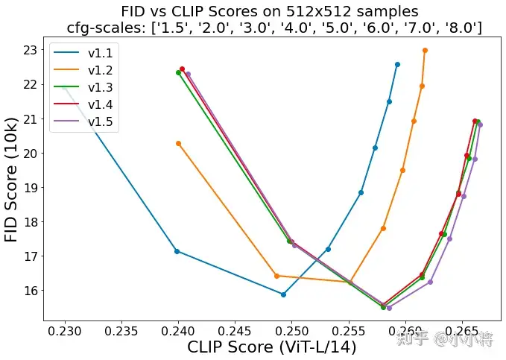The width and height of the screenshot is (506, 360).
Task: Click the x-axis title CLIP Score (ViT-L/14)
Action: tap(271, 347)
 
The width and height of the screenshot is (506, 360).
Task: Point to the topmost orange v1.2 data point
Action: tap(425, 51)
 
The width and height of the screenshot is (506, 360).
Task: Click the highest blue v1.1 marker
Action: tap(397, 64)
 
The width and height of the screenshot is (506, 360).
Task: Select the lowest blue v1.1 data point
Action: tap(283, 294)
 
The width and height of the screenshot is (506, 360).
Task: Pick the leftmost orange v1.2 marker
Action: tap(178, 143)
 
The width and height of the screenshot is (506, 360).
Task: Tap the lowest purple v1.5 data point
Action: tap(389, 308)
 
